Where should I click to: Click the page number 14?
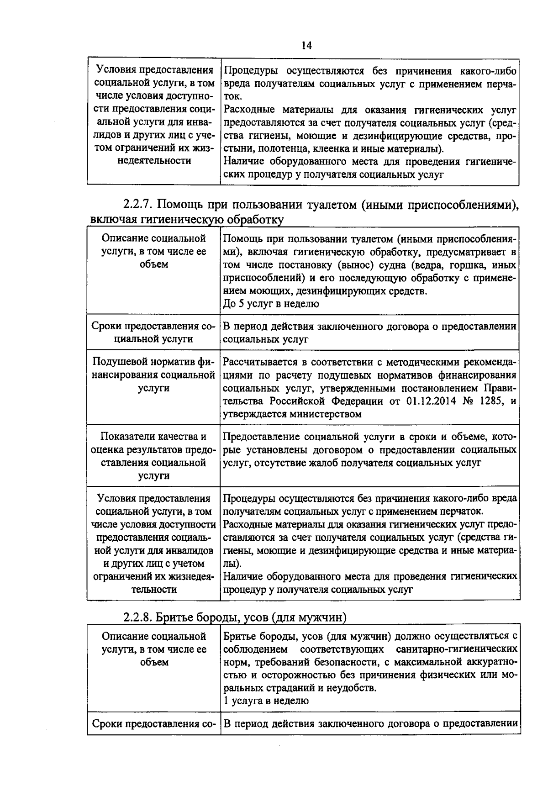(306, 46)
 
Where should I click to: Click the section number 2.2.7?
(139, 205)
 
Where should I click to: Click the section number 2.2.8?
(139, 617)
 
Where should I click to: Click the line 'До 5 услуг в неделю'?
(271, 304)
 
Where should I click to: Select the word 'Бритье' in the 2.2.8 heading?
(170, 617)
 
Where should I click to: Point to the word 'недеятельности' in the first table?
(154, 161)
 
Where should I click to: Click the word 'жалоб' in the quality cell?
(351, 463)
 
